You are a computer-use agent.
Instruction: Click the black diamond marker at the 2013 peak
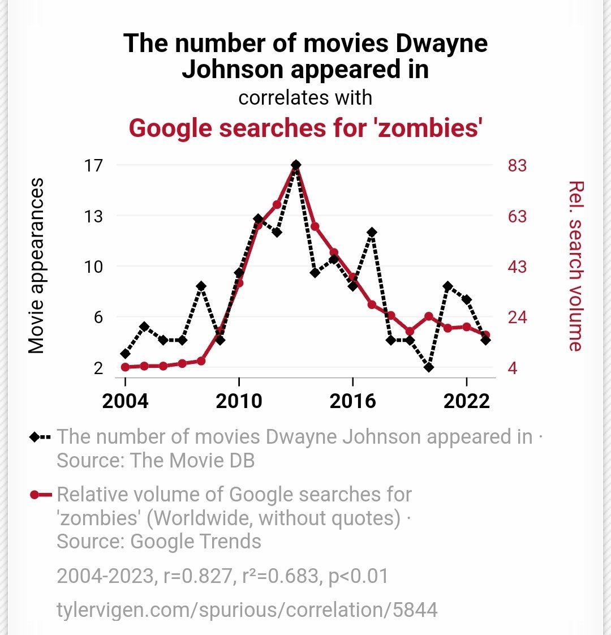point(296,165)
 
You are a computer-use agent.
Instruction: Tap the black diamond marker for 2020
point(429,367)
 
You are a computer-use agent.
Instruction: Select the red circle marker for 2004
point(126,367)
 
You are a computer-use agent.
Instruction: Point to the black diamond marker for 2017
point(372,232)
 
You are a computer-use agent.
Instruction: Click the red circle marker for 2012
point(277,205)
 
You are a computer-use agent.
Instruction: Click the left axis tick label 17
point(93,165)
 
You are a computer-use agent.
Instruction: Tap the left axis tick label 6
point(98,317)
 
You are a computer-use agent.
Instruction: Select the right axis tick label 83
point(516,165)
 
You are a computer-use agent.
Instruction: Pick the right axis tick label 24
point(516,317)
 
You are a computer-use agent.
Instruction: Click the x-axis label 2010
point(239,401)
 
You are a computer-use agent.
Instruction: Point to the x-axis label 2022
point(466,401)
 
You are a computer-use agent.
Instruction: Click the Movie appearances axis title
point(36,266)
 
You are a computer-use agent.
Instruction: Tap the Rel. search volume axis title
point(575,266)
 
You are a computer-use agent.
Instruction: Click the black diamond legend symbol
point(40,437)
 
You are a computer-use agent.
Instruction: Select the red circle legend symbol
point(40,495)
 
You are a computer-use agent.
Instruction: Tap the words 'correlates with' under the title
point(305,98)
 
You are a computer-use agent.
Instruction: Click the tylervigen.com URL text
point(247,610)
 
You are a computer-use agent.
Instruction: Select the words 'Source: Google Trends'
point(159,542)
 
